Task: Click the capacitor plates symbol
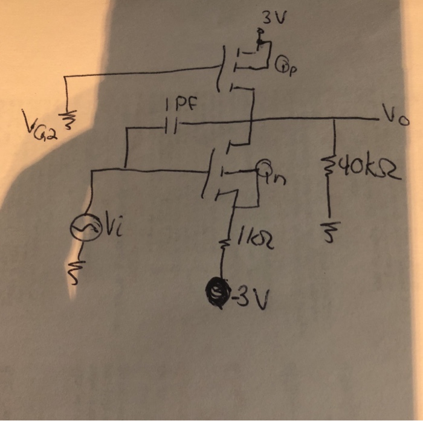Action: point(172,126)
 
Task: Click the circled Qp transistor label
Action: point(285,62)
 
